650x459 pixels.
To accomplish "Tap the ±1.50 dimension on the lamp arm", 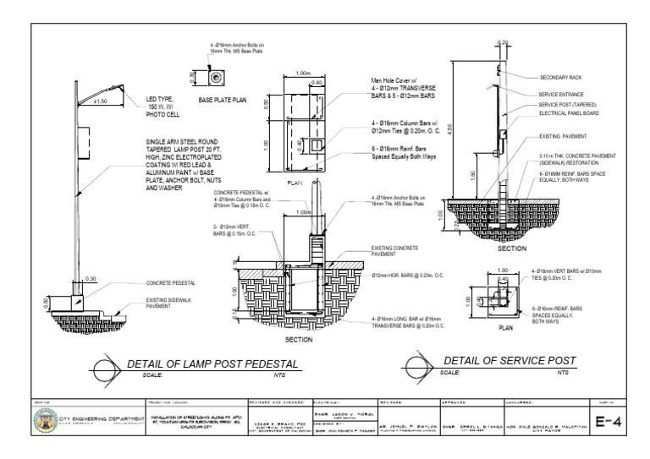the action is (100, 102).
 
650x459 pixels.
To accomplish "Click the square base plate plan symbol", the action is (216, 78).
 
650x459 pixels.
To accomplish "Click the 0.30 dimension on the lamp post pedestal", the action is (91, 278).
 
